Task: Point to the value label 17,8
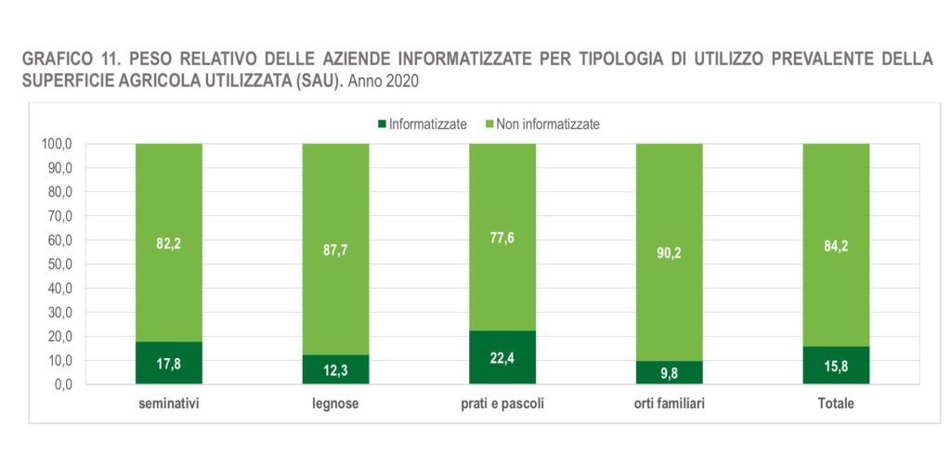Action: pyautogui.click(x=169, y=364)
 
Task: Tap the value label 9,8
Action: pyautogui.click(x=669, y=373)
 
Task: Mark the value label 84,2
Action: pyautogui.click(x=836, y=247)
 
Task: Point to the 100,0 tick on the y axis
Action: pyautogui.click(x=58, y=144)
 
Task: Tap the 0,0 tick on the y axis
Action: pyautogui.click(x=63, y=384)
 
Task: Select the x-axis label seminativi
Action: pyautogui.click(x=169, y=404)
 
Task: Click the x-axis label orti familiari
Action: pyautogui.click(x=669, y=404)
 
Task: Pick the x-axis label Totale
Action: pyautogui.click(x=836, y=404)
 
